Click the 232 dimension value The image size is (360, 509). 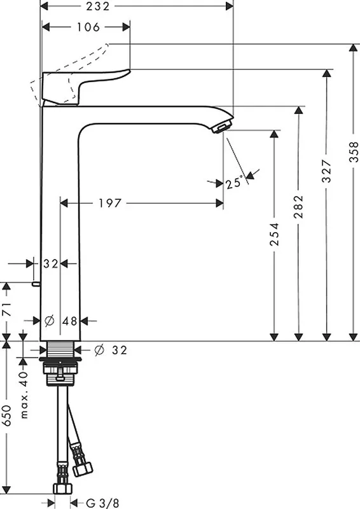(98, 6)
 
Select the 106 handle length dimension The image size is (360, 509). (88, 27)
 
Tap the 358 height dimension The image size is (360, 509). (354, 151)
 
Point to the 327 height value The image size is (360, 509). (327, 171)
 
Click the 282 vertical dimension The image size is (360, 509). (298, 206)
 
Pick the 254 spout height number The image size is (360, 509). (275, 234)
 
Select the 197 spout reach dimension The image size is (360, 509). (110, 204)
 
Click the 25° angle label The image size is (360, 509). (234, 183)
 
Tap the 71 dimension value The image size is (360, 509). (7, 309)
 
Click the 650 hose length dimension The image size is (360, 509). (7, 415)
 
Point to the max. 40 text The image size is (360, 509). (24, 394)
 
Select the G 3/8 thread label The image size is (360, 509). (102, 503)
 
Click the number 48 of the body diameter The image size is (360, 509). (70, 321)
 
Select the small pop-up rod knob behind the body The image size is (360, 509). (36, 284)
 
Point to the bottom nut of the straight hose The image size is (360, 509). (62, 488)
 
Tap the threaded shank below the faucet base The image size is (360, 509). (60, 349)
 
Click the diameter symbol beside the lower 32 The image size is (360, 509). (99, 350)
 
